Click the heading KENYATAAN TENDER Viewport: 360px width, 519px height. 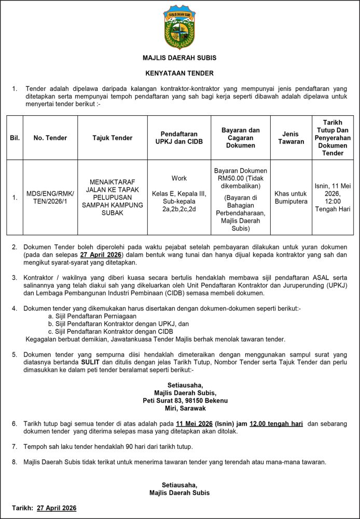tap(179, 73)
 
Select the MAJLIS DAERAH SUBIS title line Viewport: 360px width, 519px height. tap(179, 58)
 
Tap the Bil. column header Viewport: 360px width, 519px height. tap(15, 138)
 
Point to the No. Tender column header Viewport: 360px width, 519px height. tap(50, 138)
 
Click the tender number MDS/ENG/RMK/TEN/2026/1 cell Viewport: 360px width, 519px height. tap(50, 198)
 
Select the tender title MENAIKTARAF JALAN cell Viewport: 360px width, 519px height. tap(112, 198)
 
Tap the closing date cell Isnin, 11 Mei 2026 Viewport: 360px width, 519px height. tap(333, 198)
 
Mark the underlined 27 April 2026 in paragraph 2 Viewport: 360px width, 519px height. tap(101, 255)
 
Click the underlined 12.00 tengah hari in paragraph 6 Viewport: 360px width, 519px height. tap(276, 424)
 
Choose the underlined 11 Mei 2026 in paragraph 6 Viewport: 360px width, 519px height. tap(195, 424)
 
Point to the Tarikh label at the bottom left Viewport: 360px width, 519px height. tap(23, 508)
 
